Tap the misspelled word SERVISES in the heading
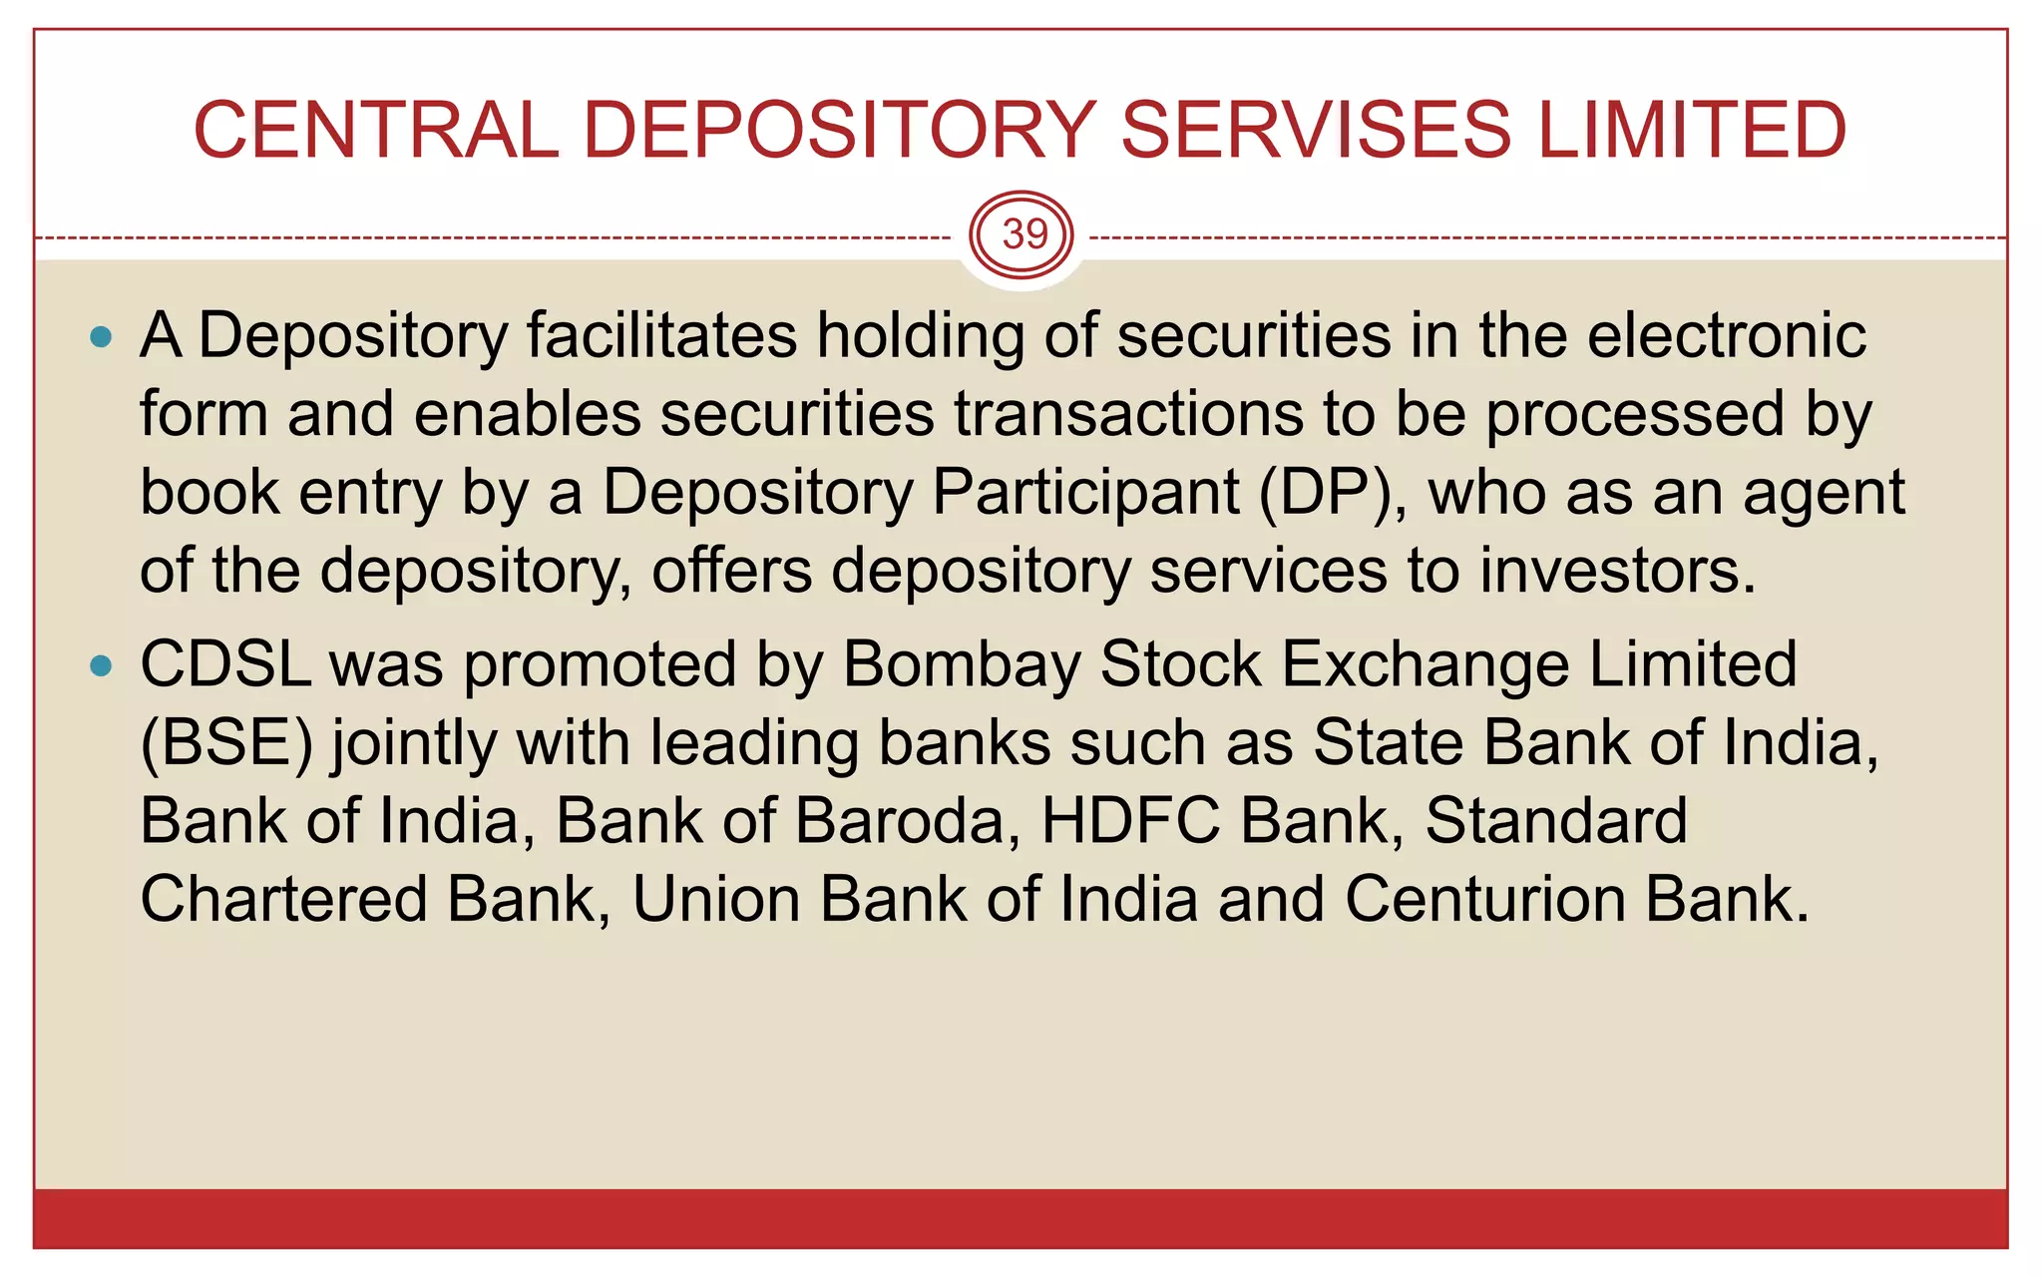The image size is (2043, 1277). point(1316,131)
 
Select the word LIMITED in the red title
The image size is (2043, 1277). point(1692,131)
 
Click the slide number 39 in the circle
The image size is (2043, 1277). point(1024,235)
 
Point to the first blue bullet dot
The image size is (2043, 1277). point(101,337)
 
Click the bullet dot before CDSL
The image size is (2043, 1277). point(101,666)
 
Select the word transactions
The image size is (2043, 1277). point(1128,414)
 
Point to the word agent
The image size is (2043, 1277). point(1824,493)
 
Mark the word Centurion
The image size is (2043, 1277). point(1484,900)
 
